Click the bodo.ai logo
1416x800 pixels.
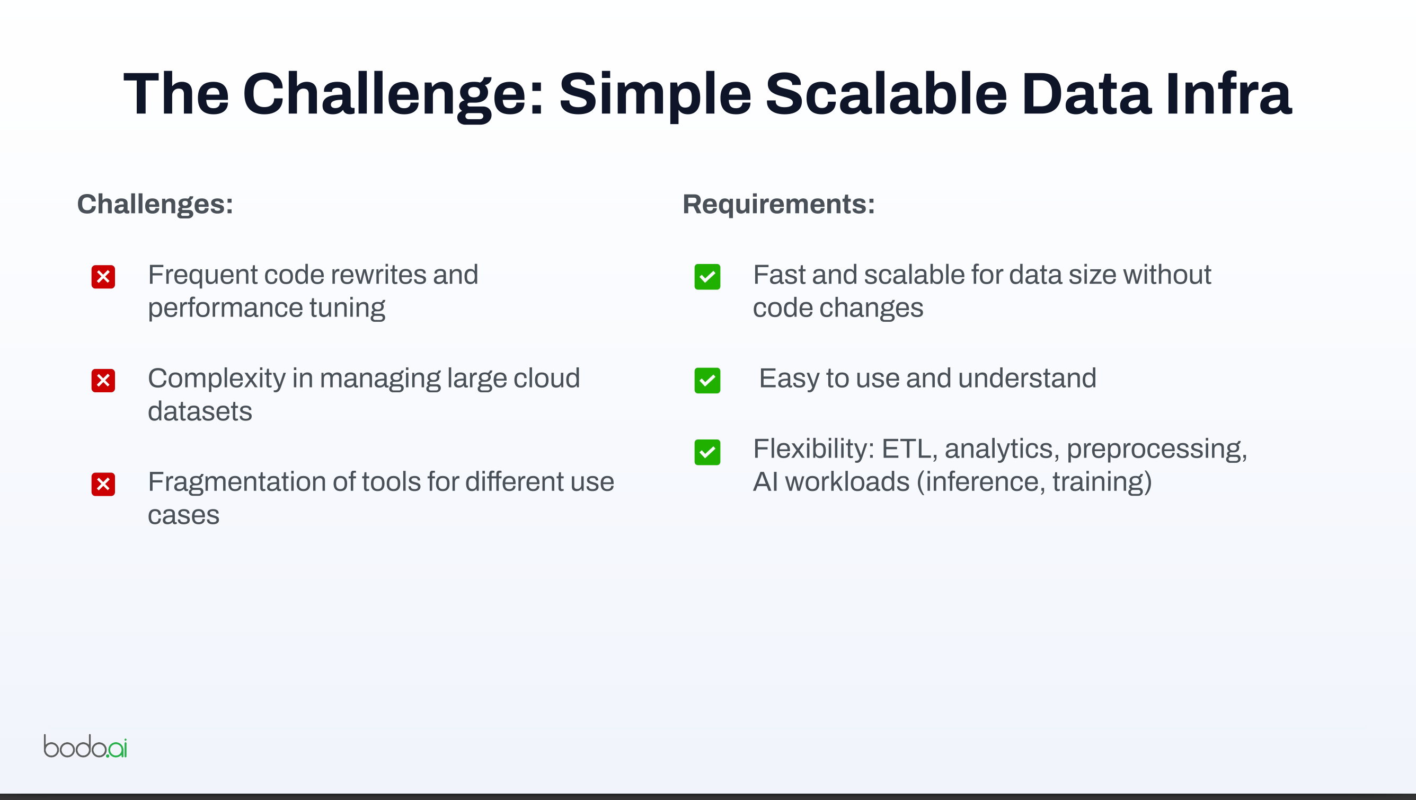point(85,746)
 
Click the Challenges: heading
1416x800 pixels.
point(155,205)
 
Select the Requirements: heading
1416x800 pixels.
point(778,205)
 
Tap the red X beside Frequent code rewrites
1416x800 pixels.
point(103,277)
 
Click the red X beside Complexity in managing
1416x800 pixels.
point(103,381)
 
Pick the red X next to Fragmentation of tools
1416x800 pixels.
point(103,485)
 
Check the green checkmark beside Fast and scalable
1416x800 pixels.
point(707,277)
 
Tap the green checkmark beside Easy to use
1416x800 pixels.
point(707,381)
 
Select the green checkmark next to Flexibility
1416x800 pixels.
point(707,452)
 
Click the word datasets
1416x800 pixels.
point(200,411)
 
